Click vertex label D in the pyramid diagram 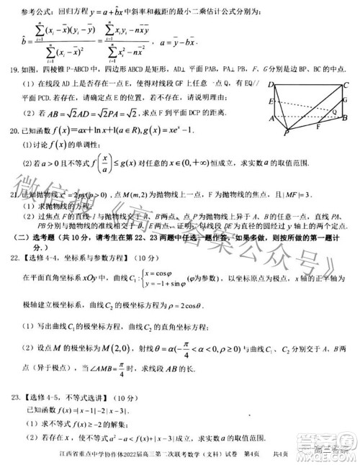[x=271, y=83]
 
